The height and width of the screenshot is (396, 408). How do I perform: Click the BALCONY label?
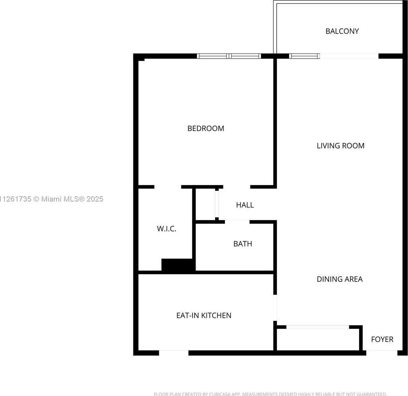[342, 31]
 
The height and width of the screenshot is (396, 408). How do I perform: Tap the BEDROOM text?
[205, 128]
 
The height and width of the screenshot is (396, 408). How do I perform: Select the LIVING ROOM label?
[340, 146]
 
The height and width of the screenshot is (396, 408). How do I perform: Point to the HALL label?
[245, 205]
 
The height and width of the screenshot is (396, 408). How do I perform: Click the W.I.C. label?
[167, 229]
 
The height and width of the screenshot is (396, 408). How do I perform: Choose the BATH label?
[242, 244]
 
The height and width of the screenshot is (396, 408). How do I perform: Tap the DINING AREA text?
[340, 279]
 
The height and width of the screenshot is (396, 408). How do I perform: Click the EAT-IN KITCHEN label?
[204, 315]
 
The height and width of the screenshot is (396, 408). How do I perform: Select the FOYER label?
[382, 339]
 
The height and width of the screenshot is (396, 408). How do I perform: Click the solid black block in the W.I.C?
[178, 265]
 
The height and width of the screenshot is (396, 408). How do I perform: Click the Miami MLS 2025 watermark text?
[51, 199]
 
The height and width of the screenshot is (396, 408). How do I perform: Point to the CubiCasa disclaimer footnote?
[270, 394]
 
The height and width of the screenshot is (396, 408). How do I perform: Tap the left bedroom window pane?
[212, 56]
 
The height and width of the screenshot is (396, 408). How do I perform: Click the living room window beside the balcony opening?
[304, 56]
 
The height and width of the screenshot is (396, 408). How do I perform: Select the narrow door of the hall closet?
[217, 204]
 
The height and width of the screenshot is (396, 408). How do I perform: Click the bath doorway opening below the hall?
[237, 222]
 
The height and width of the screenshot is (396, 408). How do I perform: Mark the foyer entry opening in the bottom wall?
[382, 353]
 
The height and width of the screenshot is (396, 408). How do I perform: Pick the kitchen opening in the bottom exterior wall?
[174, 353]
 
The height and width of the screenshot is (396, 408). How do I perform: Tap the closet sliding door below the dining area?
[318, 327]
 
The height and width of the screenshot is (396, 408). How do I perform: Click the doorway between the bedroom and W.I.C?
[168, 187]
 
